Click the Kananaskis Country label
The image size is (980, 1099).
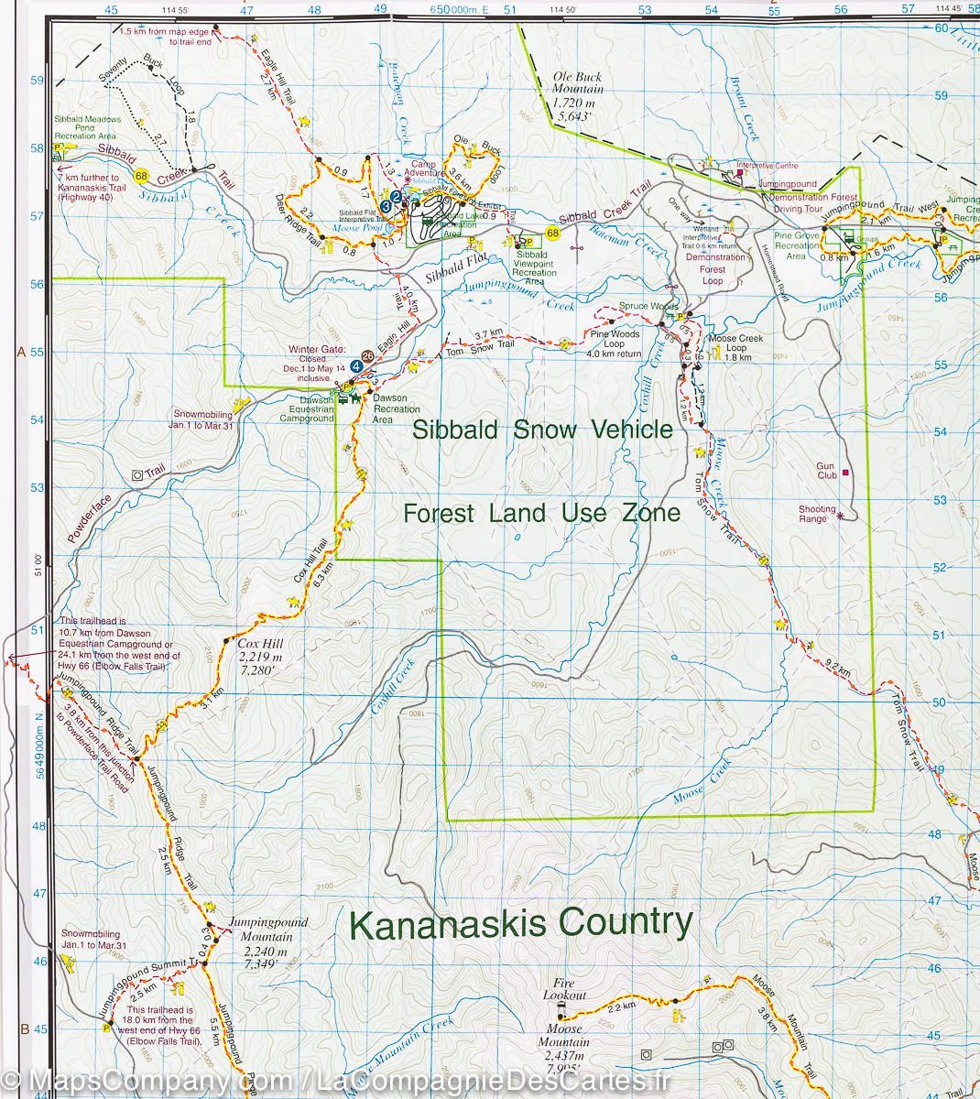click(x=521, y=924)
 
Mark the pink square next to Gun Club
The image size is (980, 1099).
click(x=845, y=472)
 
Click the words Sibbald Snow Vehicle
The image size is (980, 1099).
click(x=542, y=430)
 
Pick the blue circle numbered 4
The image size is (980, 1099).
click(x=355, y=365)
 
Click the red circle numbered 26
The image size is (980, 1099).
click(x=367, y=355)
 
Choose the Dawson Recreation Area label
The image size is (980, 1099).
click(x=395, y=414)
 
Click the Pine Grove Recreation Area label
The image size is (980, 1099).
click(x=796, y=246)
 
